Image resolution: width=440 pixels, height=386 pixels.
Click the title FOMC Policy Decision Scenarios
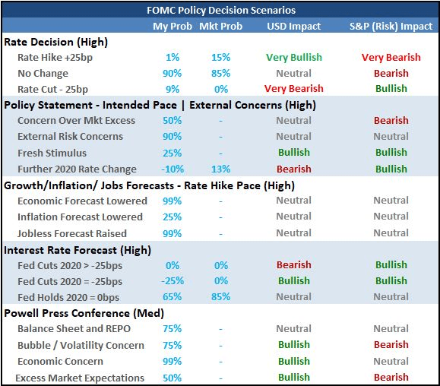click(x=221, y=11)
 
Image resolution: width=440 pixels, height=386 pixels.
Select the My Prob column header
click(x=173, y=27)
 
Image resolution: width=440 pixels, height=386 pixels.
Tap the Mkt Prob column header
click(x=221, y=27)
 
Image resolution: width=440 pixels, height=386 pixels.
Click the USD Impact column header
click(x=294, y=27)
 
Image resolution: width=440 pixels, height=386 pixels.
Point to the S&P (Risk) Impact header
click(x=391, y=27)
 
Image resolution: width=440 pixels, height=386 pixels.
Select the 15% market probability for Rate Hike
click(x=221, y=58)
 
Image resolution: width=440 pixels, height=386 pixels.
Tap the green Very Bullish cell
click(x=294, y=58)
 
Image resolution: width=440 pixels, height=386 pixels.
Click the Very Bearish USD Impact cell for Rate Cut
click(x=294, y=89)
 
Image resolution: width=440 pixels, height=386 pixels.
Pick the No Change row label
click(x=43, y=74)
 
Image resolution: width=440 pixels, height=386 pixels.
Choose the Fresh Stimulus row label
click(x=52, y=153)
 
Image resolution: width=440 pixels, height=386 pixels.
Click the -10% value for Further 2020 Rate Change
click(x=173, y=169)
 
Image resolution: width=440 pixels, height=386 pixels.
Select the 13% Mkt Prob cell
click(x=221, y=169)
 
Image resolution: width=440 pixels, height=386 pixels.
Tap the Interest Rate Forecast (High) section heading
click(x=78, y=250)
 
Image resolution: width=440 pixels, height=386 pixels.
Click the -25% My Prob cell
click(x=173, y=281)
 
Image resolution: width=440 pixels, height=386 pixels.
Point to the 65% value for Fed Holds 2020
click(x=173, y=297)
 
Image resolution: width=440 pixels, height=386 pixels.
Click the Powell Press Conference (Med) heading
click(x=84, y=313)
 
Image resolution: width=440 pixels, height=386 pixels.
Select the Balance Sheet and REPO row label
click(x=74, y=329)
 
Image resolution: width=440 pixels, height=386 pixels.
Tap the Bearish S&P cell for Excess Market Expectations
click(x=391, y=378)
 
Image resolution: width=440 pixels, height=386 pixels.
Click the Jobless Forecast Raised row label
click(x=72, y=234)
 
